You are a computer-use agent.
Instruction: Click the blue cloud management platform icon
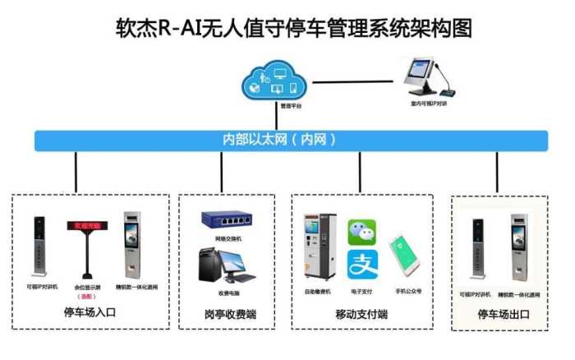tap(274, 80)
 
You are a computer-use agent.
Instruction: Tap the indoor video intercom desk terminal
tap(425, 77)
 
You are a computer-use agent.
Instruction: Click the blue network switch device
tap(228, 220)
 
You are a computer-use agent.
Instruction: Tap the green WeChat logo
tap(361, 233)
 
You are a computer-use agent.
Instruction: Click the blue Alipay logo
tap(361, 265)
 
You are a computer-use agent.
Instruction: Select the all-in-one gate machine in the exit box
tap(519, 247)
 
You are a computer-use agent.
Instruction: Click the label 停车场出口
tap(501, 314)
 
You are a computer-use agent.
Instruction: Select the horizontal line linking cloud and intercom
tap(353, 81)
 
